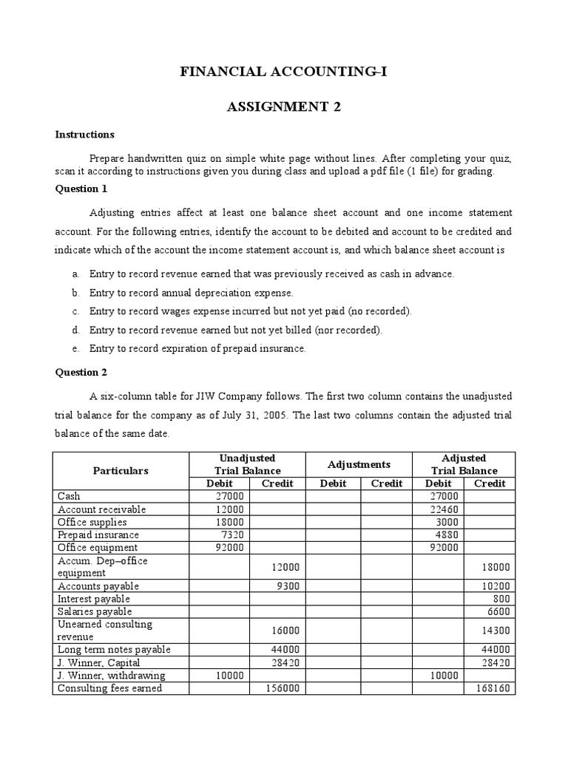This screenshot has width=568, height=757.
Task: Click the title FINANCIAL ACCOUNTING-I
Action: click(x=284, y=72)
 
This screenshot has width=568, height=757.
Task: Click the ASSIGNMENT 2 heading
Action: click(x=284, y=106)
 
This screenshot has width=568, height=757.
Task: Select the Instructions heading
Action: click(x=85, y=135)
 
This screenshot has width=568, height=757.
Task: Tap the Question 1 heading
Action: click(x=82, y=189)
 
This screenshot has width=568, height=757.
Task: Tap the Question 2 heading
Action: click(x=82, y=372)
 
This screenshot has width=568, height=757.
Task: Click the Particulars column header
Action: click(x=121, y=470)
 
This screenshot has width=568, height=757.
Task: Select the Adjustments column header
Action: click(x=359, y=464)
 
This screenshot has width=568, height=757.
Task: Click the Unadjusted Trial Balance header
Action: click(x=247, y=464)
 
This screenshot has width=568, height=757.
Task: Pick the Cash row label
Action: click(x=69, y=496)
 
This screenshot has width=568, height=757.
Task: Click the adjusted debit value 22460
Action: click(x=444, y=509)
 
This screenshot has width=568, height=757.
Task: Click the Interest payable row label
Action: click(x=94, y=599)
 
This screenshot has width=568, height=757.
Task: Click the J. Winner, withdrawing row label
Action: click(x=112, y=676)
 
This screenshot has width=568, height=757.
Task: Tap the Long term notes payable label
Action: click(x=114, y=650)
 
